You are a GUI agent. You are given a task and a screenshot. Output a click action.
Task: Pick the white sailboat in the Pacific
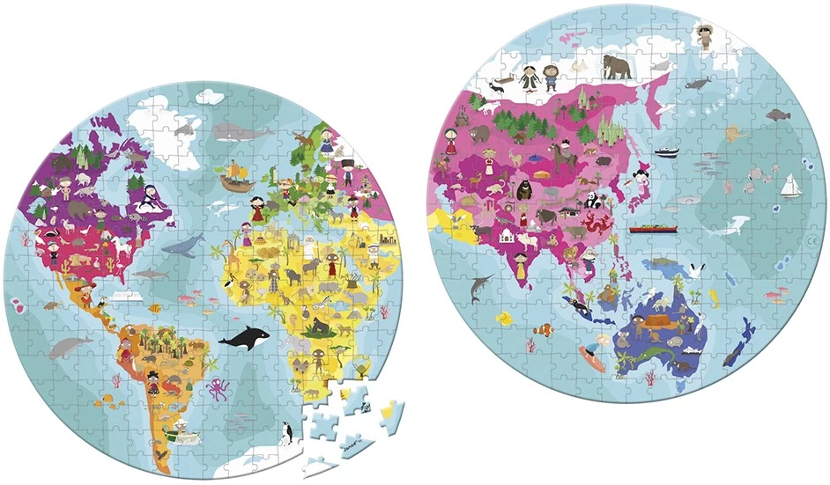click(791, 186)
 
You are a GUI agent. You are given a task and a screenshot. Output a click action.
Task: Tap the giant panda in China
click(593, 201)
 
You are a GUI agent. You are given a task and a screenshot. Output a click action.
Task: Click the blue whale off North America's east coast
click(185, 246)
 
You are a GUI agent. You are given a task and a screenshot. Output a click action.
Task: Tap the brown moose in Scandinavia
click(302, 139)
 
